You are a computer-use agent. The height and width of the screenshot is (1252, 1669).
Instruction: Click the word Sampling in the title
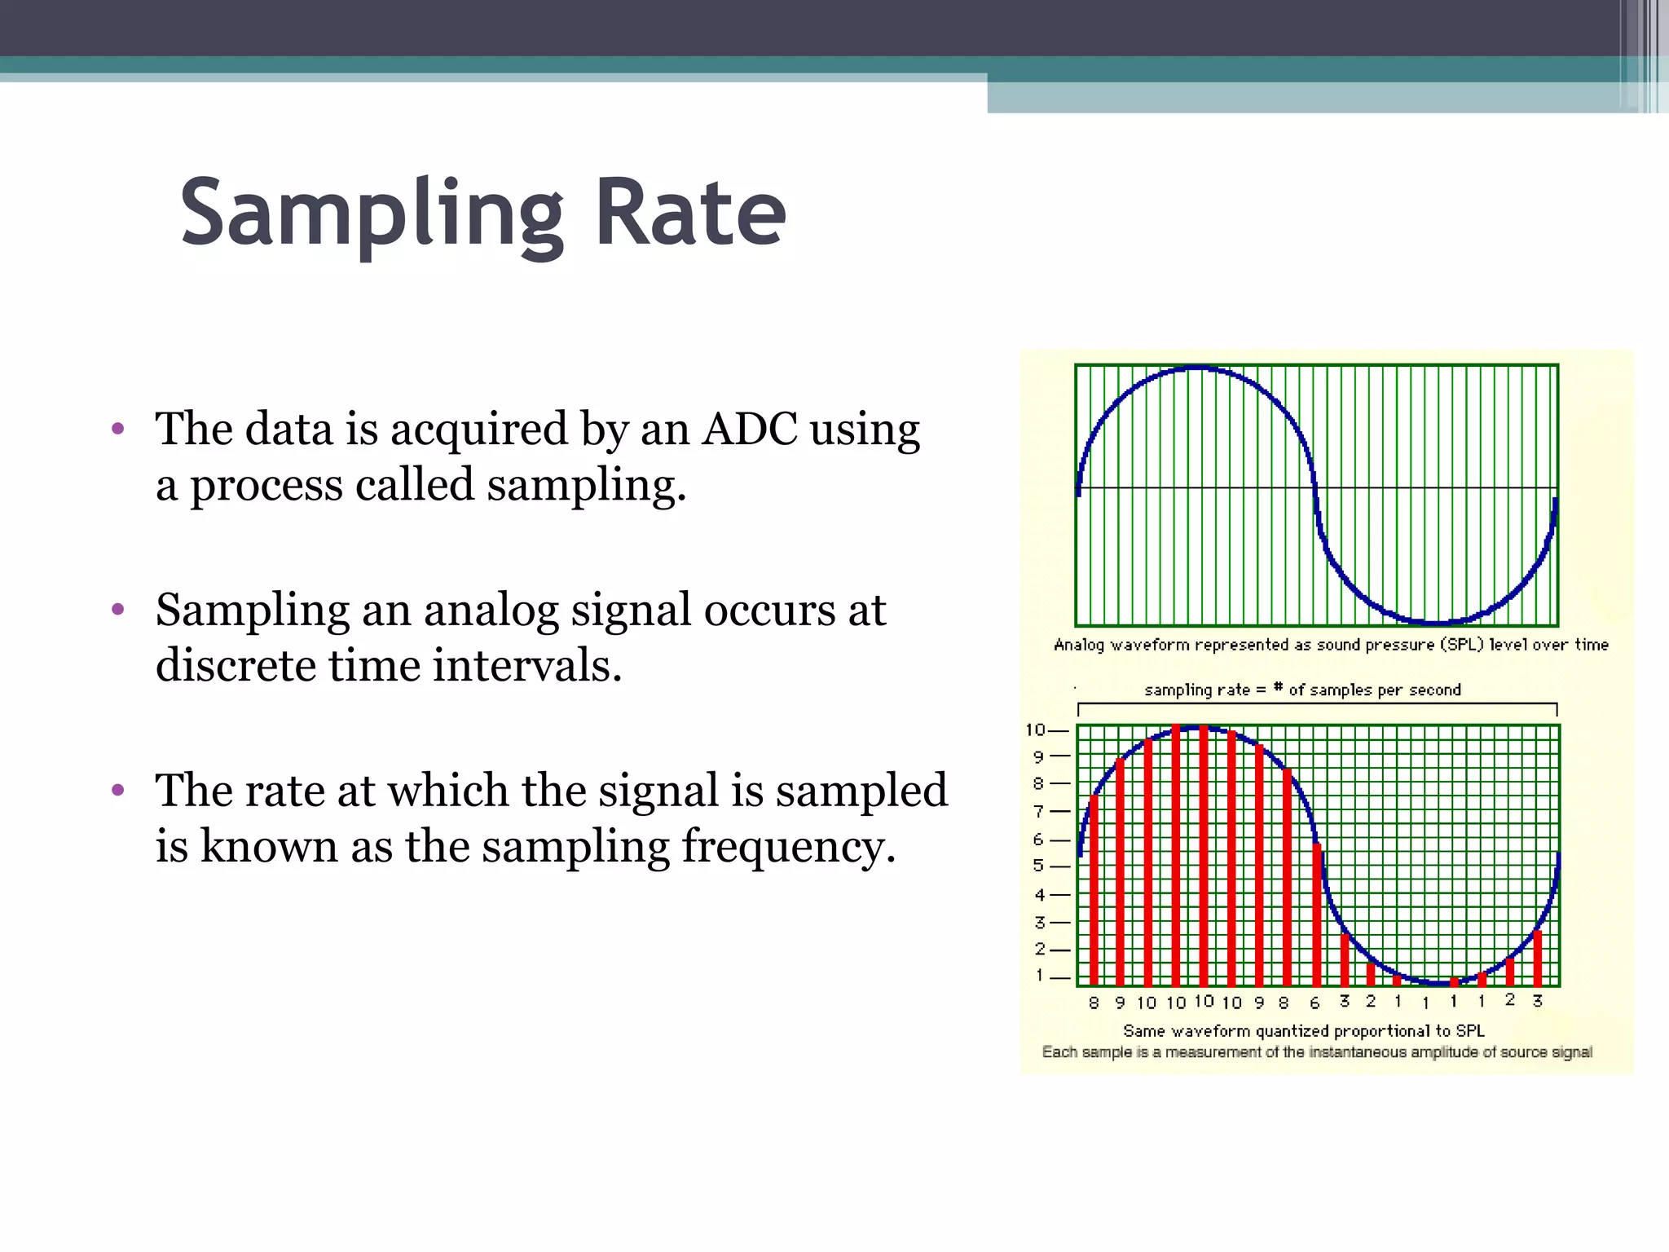click(x=371, y=214)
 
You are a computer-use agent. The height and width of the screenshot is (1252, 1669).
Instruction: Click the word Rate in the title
click(x=690, y=214)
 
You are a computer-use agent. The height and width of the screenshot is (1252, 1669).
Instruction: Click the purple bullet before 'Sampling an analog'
click(x=118, y=609)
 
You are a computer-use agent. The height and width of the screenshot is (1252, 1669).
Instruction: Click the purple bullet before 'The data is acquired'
click(x=118, y=429)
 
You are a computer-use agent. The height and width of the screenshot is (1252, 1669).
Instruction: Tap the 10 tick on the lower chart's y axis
click(x=1035, y=730)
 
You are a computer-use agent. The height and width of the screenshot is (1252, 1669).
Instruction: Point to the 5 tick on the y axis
click(x=1039, y=866)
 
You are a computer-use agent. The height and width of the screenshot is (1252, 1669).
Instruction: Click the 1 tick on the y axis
click(x=1040, y=975)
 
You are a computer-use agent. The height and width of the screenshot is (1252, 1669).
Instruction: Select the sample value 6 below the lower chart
click(x=1315, y=1003)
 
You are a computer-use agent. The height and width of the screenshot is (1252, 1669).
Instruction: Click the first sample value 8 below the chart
click(x=1094, y=1003)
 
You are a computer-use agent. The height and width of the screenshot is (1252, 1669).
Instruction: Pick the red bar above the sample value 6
click(x=1316, y=913)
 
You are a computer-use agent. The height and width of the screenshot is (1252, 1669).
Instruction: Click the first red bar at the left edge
click(x=1094, y=888)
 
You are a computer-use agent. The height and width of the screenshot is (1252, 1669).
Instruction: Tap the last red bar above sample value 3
click(x=1537, y=958)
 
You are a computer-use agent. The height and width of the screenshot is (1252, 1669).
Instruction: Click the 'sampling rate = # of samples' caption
click(x=1302, y=690)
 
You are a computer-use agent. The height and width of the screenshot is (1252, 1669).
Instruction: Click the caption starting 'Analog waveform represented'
click(x=1331, y=645)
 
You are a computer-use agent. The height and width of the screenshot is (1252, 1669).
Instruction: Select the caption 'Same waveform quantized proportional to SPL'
click(x=1304, y=1030)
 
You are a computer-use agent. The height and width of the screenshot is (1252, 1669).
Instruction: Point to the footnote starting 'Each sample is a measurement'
click(x=1317, y=1052)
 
